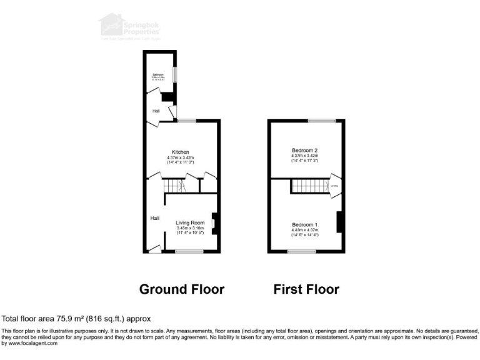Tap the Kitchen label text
tap(181, 152)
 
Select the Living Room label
tap(190, 222)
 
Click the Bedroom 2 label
tap(305, 150)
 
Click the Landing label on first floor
tap(334, 186)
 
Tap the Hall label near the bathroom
tap(156, 111)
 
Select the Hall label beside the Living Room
tap(154, 218)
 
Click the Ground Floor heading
tap(181, 289)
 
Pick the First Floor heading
tap(306, 289)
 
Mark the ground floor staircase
tap(174, 186)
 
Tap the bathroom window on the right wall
tap(175, 73)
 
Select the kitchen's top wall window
tap(186, 121)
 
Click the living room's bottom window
tap(188, 252)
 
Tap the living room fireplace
tap(214, 223)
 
